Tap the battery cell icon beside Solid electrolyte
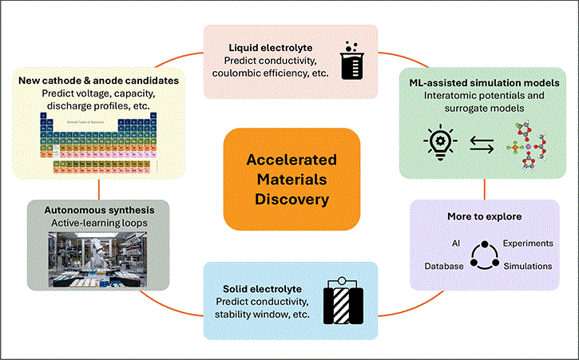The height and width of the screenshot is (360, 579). pos(343,301)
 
